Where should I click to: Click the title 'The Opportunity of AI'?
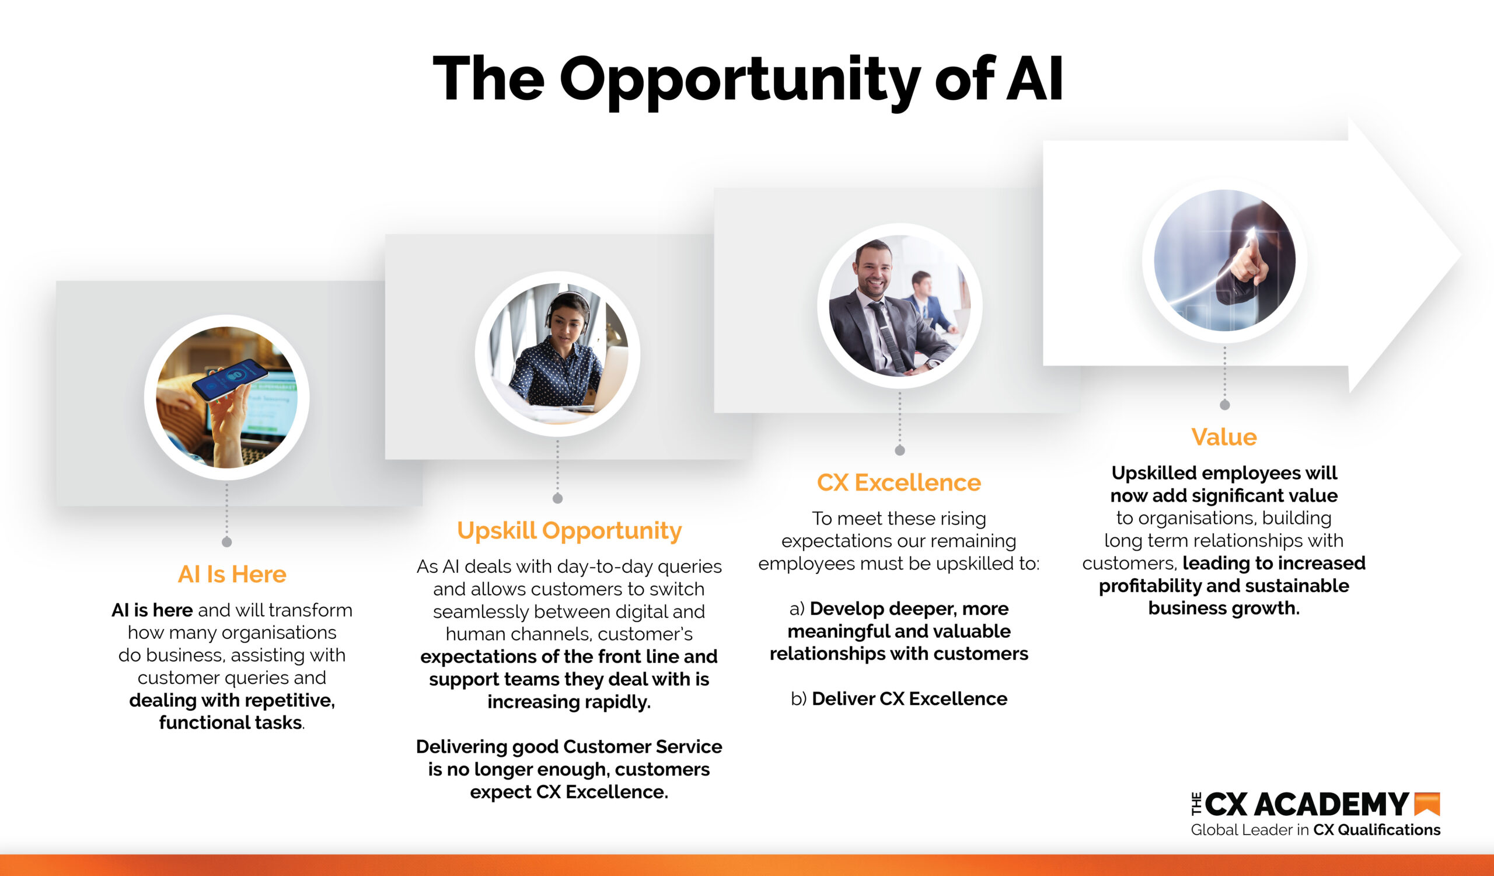coord(748,79)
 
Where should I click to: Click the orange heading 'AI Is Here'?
coord(232,574)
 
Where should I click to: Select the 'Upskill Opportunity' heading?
coord(569,531)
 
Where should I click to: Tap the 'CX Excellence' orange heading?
coord(899,483)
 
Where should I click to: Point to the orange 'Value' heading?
coord(1224,437)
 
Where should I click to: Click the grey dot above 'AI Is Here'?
coord(226,542)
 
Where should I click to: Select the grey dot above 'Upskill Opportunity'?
coord(557,499)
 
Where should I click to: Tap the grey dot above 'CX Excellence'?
coord(899,451)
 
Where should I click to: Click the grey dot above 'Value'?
coord(1225,405)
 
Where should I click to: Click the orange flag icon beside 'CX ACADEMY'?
coord(1427,804)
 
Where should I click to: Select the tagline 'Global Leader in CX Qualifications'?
coord(1315,830)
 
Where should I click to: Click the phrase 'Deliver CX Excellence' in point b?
coord(909,698)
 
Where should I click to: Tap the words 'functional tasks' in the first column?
coord(231,723)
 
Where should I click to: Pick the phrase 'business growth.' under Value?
coord(1224,609)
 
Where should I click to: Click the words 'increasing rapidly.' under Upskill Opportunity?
coord(569,702)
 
